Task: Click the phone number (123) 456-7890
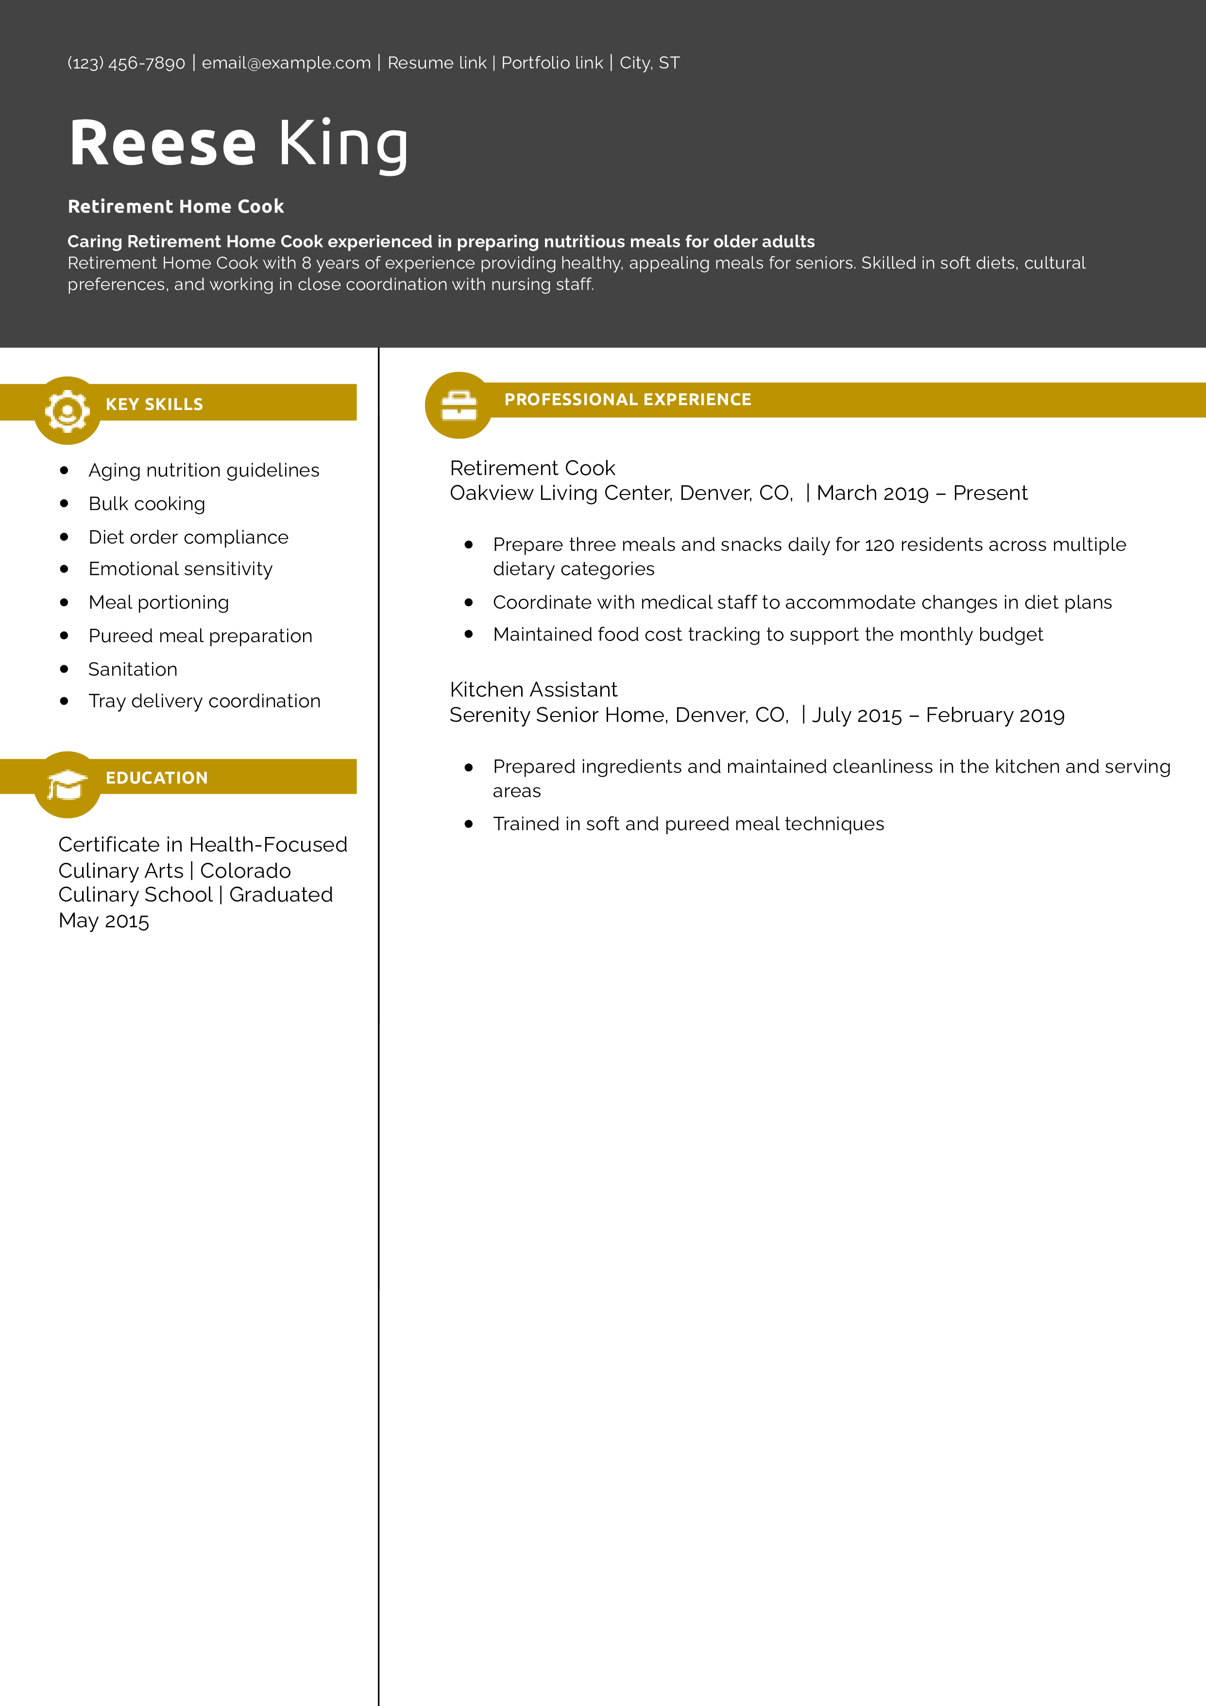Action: click(x=126, y=63)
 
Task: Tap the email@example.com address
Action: click(x=286, y=63)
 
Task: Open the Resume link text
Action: click(x=437, y=63)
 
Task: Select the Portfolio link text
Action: click(x=552, y=63)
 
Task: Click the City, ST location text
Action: click(x=649, y=63)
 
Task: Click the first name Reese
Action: click(x=162, y=143)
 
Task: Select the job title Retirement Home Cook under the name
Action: click(x=175, y=206)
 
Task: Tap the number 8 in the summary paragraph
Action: click(x=306, y=263)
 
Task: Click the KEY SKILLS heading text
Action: click(x=154, y=404)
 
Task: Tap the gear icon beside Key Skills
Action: click(x=68, y=410)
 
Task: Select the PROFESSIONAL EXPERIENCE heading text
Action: click(x=628, y=400)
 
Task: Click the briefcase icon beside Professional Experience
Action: click(x=459, y=406)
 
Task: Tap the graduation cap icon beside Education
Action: click(x=68, y=785)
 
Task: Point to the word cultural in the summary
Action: click(x=1054, y=263)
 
